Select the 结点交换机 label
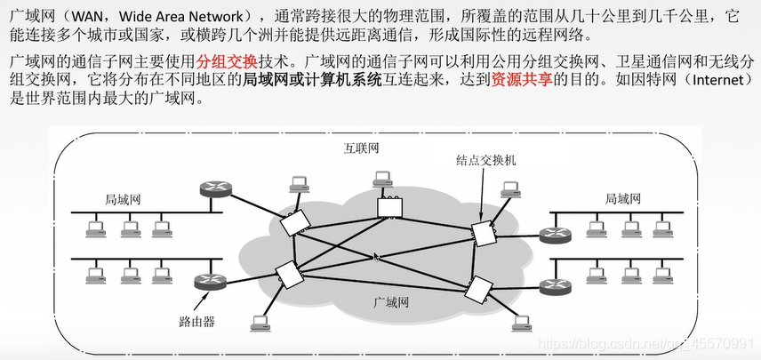pyautogui.click(x=485, y=161)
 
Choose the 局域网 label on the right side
pyautogui.click(x=622, y=199)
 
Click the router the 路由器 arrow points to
pyautogui.click(x=211, y=283)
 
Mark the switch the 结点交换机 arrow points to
pyautogui.click(x=483, y=233)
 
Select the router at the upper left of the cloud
pyautogui.click(x=212, y=189)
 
